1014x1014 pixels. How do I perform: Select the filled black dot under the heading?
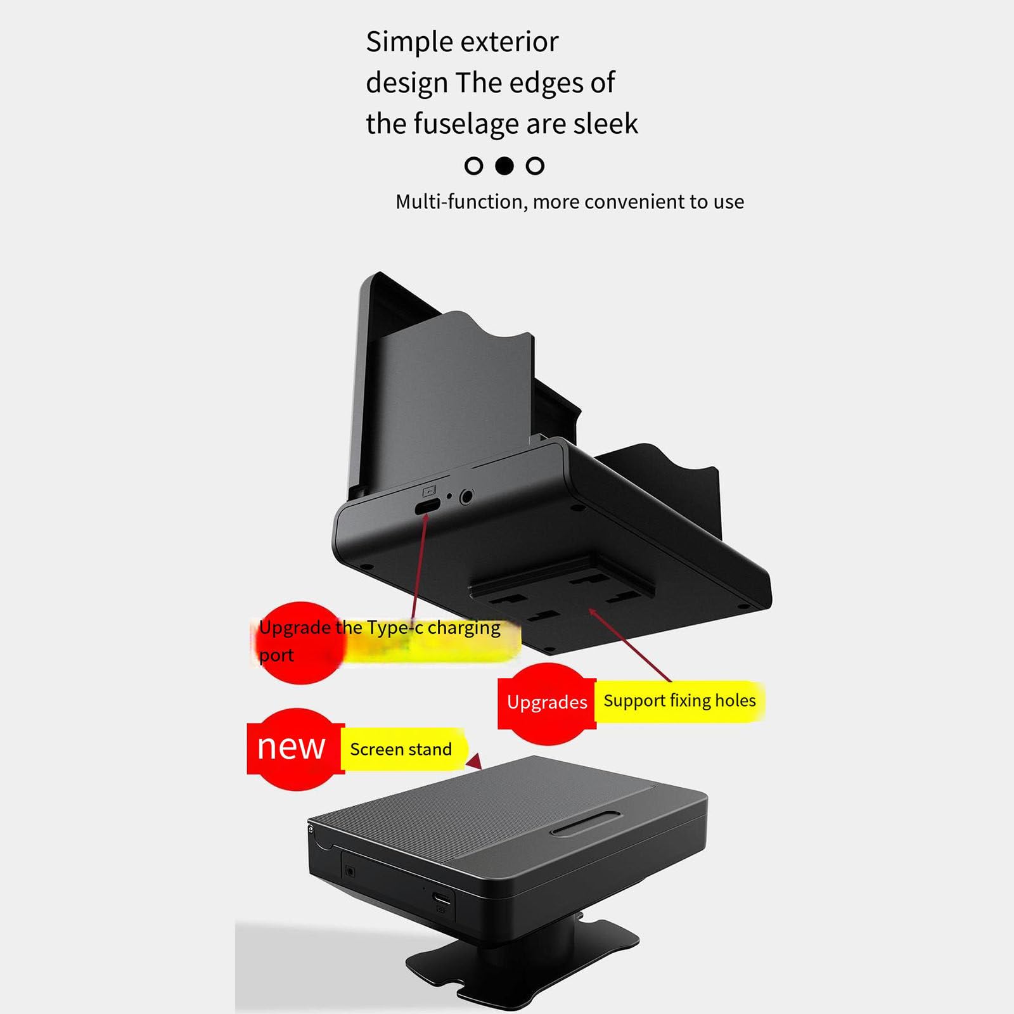click(x=504, y=166)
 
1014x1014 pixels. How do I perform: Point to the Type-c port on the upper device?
click(x=428, y=506)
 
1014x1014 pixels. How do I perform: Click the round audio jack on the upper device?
click(x=466, y=496)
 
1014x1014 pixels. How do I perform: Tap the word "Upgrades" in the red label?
click(x=547, y=702)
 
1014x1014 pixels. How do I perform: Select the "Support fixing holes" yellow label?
click(x=679, y=701)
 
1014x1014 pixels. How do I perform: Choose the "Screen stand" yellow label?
click(x=401, y=750)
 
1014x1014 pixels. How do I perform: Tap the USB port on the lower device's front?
click(x=442, y=898)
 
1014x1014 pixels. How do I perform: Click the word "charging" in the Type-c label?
click(x=464, y=628)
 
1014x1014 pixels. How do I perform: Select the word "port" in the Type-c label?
click(x=276, y=655)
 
